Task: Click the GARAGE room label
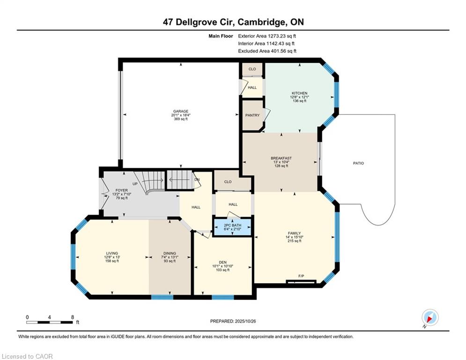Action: coord(181,111)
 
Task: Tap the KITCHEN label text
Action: coord(299,93)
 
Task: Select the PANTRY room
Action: coord(252,115)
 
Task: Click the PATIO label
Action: coord(358,163)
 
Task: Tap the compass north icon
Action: coord(429,318)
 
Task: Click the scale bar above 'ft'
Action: coord(50,322)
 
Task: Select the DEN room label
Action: coord(223,262)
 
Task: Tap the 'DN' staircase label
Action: coord(197,180)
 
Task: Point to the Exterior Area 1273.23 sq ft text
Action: coord(267,36)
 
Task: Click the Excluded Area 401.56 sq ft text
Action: coord(267,51)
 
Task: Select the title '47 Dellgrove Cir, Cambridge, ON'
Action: coord(233,22)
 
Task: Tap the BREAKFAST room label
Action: coord(281,158)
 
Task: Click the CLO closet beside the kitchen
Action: coord(252,69)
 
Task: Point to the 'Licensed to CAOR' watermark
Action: coord(27,356)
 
